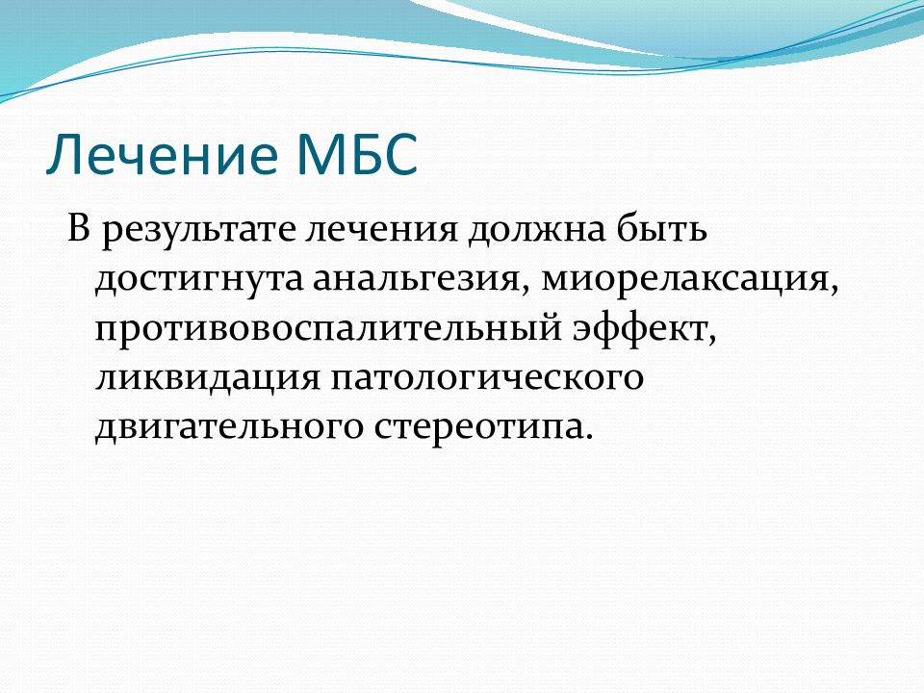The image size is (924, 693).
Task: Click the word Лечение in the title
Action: pos(162,154)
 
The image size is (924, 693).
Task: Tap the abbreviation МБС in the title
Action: pos(357,154)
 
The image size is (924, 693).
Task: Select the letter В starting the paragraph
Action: pos(78,228)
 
